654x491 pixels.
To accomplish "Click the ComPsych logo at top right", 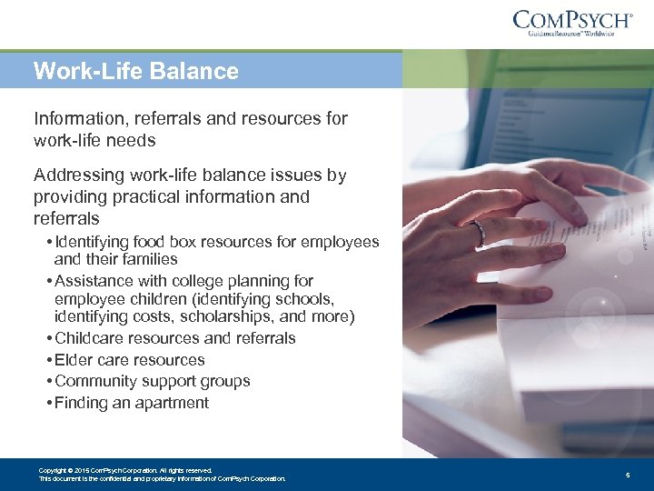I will [x=572, y=19].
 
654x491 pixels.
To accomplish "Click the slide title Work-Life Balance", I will [x=135, y=71].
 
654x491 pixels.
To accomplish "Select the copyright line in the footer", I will [x=125, y=470].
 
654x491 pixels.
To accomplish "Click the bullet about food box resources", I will [x=216, y=242].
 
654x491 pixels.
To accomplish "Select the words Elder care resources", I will [x=130, y=360].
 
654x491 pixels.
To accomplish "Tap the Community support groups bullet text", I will [x=152, y=381].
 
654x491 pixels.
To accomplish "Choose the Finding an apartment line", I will [x=132, y=403].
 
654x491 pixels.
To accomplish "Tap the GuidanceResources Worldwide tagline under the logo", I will [x=571, y=35].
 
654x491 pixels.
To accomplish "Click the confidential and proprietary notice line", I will [x=162, y=478].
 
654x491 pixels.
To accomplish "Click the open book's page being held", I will [x=581, y=273].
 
